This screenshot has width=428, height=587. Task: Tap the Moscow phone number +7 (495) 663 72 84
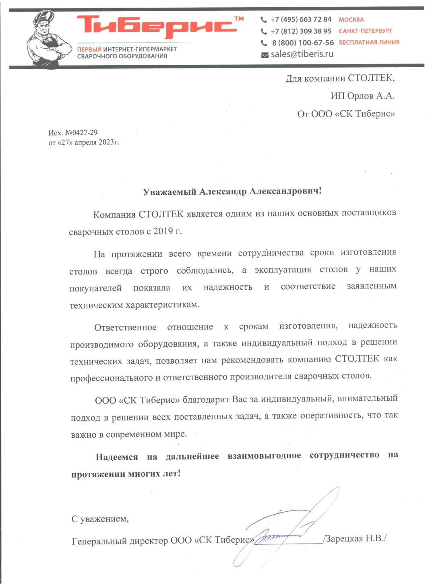coord(301,19)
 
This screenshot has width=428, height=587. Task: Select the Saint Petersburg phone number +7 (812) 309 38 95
coord(301,31)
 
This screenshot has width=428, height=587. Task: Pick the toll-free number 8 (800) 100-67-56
coord(303,43)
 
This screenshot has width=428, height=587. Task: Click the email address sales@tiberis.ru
coord(302,54)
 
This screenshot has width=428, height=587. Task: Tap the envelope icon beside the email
coord(265,55)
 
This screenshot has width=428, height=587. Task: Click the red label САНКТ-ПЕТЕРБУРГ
coord(366,31)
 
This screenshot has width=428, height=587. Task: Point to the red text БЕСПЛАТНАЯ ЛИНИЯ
coord(369,42)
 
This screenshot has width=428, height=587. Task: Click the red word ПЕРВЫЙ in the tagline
coord(89,49)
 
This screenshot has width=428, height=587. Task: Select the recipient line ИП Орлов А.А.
coord(362,96)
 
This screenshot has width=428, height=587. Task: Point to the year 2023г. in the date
coord(109,142)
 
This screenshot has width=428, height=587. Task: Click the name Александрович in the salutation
coord(285,191)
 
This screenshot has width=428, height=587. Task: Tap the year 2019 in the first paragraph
coord(163,231)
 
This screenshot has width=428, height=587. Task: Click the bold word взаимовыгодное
coord(264,455)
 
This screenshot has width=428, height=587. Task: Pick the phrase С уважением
coord(100,519)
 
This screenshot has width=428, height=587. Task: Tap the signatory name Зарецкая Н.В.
coord(355,538)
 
